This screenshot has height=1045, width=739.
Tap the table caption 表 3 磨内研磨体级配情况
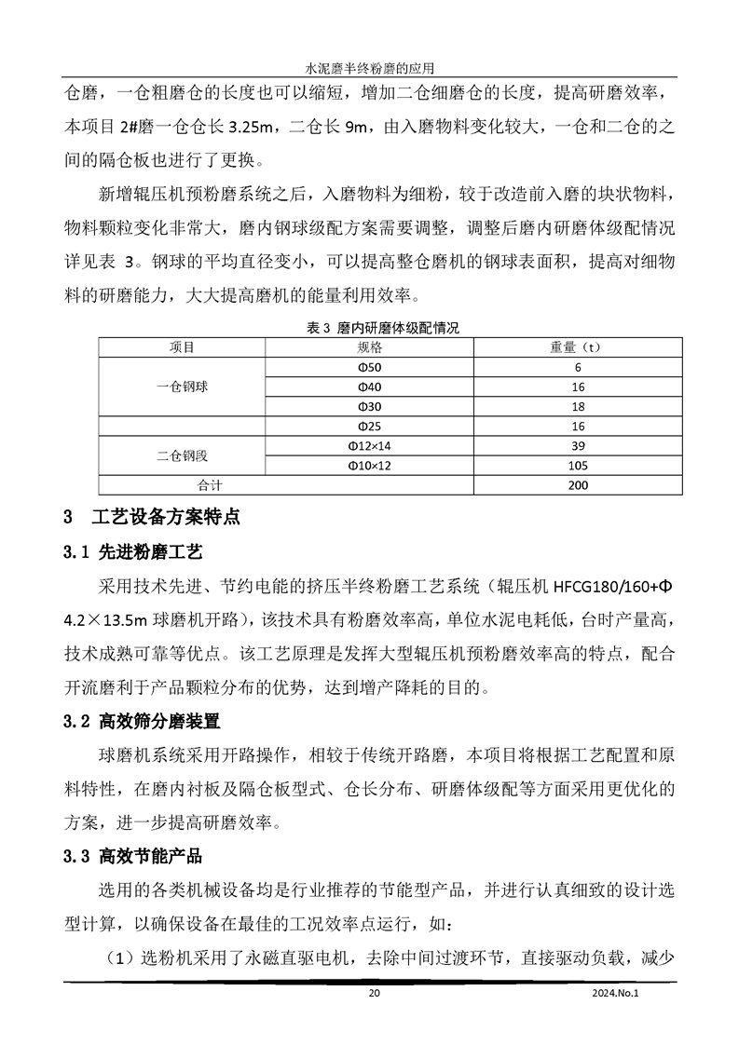[370, 328]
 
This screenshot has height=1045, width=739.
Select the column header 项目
[183, 347]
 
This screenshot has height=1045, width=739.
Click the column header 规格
[370, 347]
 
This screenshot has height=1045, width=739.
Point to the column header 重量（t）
[578, 347]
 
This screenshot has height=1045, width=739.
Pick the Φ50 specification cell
[370, 367]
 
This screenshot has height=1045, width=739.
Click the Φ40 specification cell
[370, 387]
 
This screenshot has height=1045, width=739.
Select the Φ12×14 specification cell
[370, 446]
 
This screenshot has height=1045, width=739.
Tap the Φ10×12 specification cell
[370, 466]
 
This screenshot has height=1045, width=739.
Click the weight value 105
[578, 466]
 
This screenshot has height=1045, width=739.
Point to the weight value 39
[578, 446]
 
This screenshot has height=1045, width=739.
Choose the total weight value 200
[578, 485]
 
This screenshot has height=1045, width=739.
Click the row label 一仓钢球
[183, 387]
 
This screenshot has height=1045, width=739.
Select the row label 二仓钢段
[183, 455]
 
